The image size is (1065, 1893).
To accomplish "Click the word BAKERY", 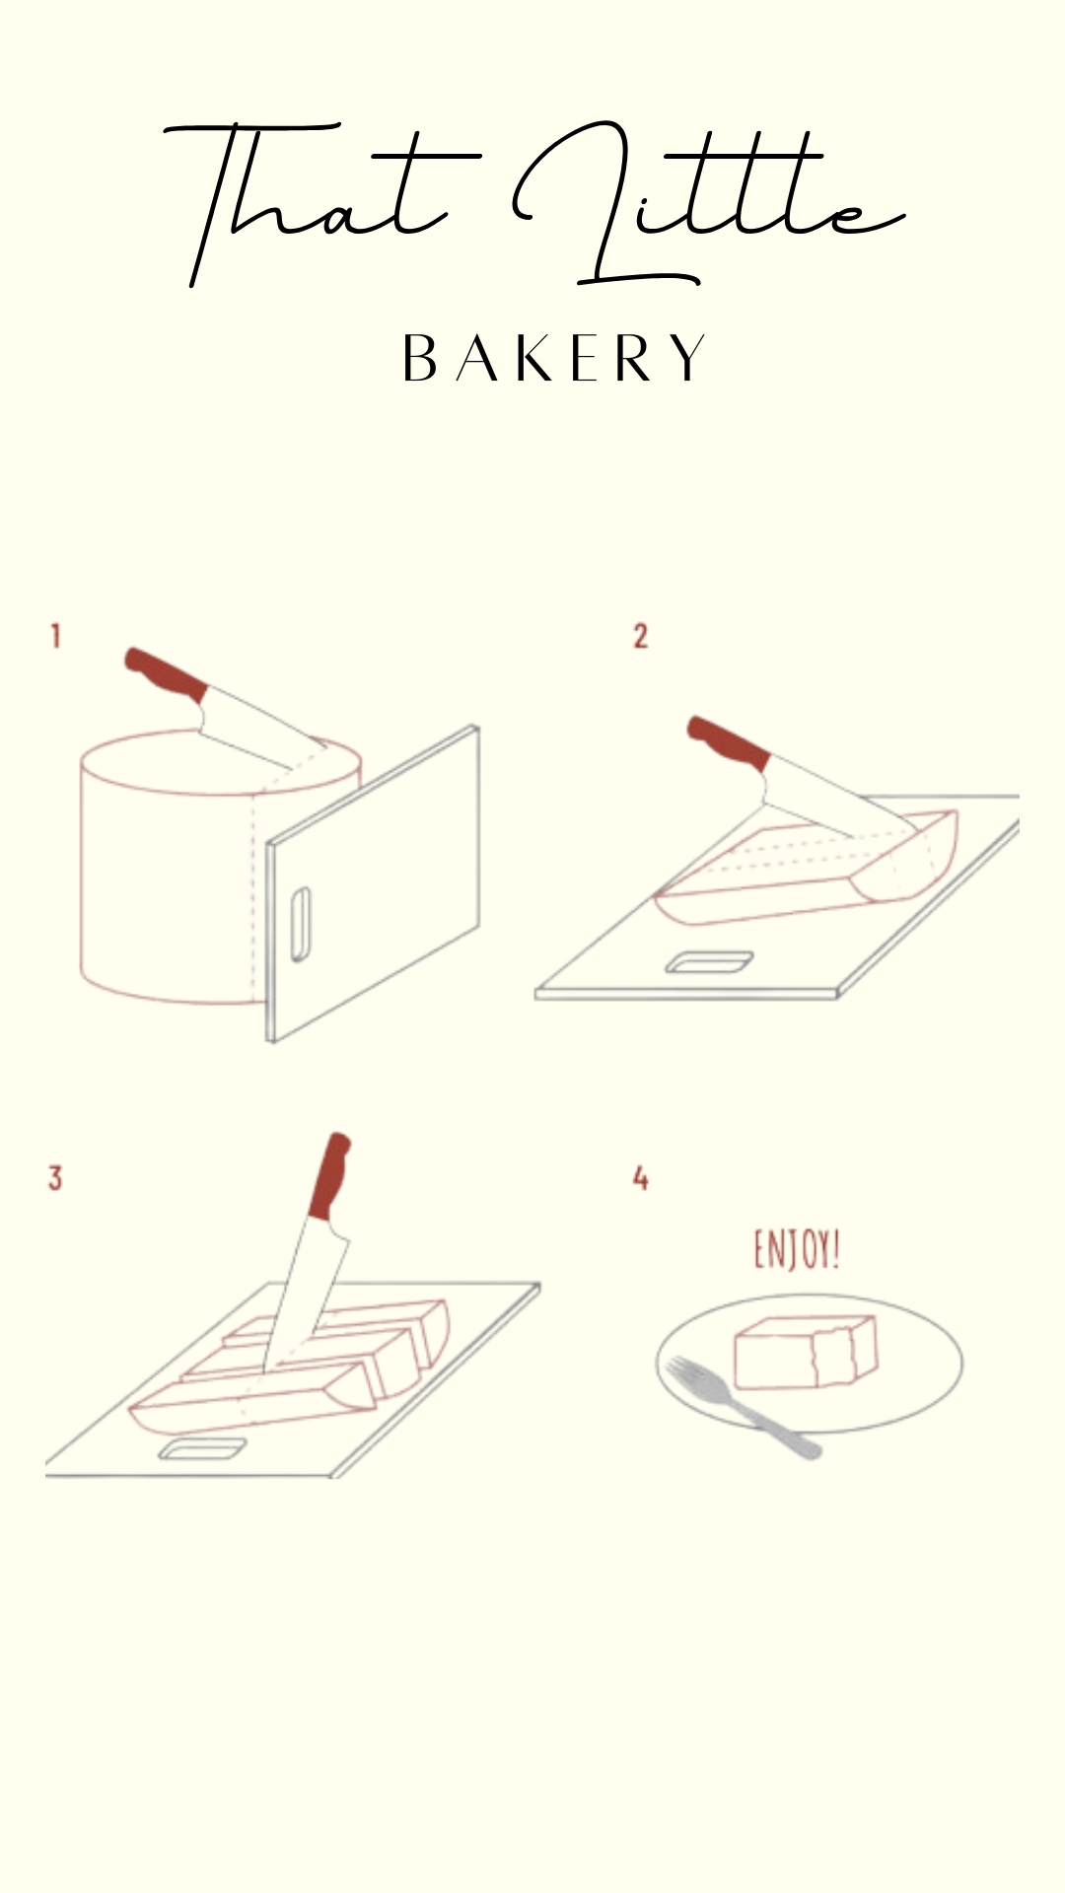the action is point(554,358).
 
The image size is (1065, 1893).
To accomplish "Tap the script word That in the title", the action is point(316,202).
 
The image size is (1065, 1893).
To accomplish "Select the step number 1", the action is point(56,636).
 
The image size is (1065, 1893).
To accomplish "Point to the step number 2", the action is point(641,636).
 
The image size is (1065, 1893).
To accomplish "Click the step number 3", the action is point(55,1177).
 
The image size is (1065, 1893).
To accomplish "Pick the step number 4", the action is point(641,1177).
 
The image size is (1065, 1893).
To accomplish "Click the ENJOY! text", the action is point(797,1249).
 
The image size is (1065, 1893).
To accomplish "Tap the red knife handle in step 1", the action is point(166,674).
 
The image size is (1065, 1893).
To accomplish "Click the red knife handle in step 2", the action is point(728,742).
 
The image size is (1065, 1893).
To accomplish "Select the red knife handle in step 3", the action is point(329,1176).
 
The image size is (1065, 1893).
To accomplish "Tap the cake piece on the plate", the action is point(805,1352).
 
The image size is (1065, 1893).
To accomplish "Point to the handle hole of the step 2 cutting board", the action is point(709,961).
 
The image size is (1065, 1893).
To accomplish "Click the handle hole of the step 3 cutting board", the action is point(203,1448).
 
